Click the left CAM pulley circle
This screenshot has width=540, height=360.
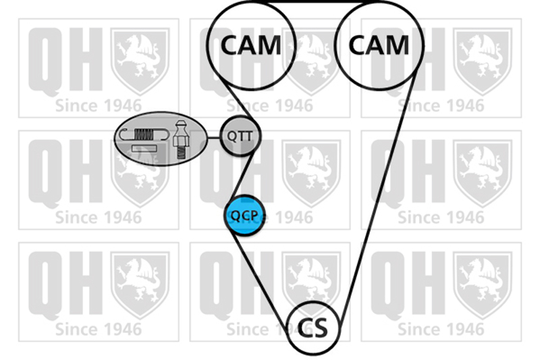pyautogui.click(x=251, y=45)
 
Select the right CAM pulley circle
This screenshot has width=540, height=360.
pyautogui.click(x=379, y=45)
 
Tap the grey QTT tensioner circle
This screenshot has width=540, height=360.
pyautogui.click(x=240, y=136)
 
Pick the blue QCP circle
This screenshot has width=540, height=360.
pyautogui.click(x=243, y=215)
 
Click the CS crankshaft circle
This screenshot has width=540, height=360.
pyautogui.click(x=313, y=328)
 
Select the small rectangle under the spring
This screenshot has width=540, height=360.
pyautogui.click(x=144, y=148)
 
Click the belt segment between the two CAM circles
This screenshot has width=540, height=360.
pyautogui.click(x=315, y=3)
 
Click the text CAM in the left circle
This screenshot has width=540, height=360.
pyautogui.click(x=251, y=45)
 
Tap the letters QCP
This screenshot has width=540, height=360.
pyautogui.click(x=243, y=216)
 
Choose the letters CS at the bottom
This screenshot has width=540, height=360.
pyautogui.click(x=313, y=328)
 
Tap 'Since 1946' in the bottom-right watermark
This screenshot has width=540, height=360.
pyautogui.click(x=441, y=330)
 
